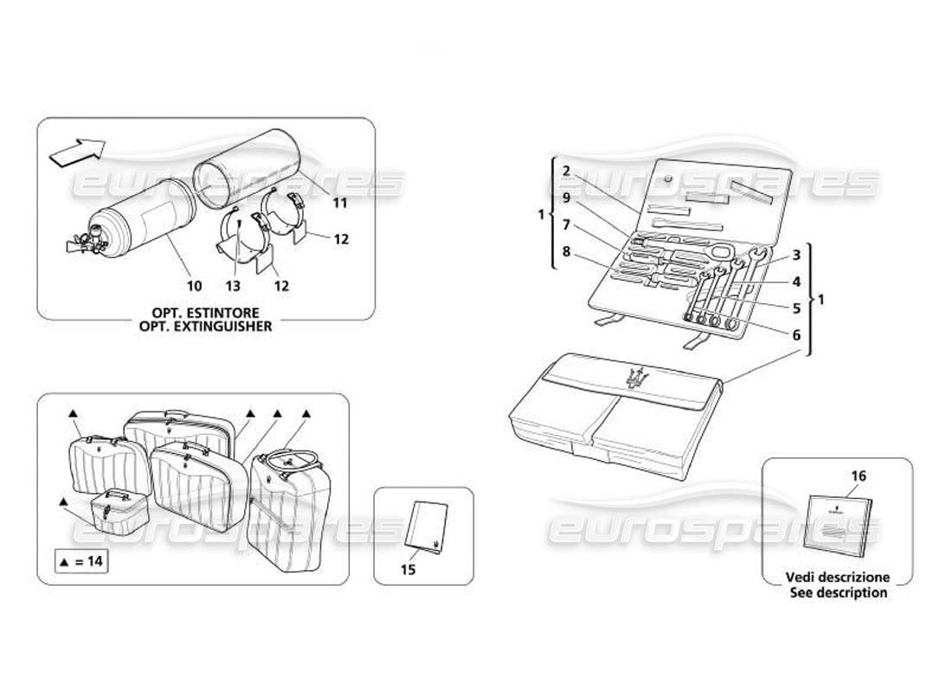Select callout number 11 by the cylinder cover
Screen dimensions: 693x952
[339, 204]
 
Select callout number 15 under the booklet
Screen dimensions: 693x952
[409, 568]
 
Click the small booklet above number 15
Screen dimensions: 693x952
[425, 528]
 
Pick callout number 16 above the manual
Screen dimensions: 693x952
[859, 476]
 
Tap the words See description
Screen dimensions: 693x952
[838, 593]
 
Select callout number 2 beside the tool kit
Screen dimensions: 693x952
[566, 171]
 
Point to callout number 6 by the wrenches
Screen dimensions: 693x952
[795, 334]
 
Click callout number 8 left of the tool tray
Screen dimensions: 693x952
[566, 253]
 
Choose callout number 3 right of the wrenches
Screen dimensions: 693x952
[795, 256]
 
